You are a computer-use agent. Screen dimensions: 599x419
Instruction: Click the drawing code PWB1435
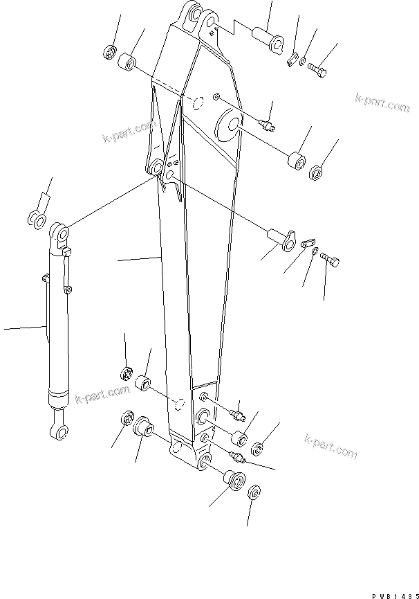(393, 593)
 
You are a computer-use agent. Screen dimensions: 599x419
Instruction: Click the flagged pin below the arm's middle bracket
(281, 238)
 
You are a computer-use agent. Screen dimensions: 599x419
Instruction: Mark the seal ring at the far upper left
(109, 51)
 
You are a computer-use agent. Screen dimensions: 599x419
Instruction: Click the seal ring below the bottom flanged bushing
(254, 494)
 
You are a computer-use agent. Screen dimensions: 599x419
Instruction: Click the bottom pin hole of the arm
(204, 463)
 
